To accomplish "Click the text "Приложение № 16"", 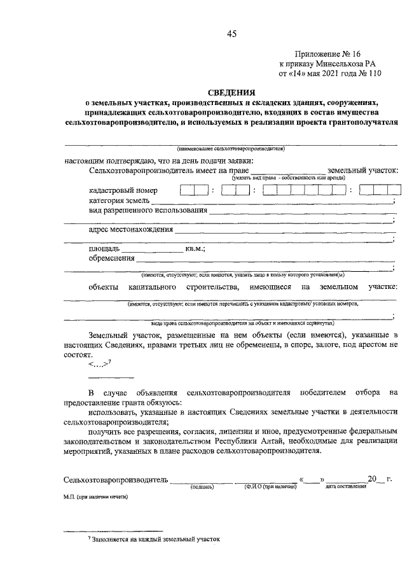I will coord(326,55).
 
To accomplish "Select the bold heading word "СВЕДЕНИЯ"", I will coord(231,93).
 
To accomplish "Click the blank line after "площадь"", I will coord(151,249).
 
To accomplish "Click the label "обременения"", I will coord(112,258).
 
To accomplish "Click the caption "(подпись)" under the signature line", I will coord(202,486).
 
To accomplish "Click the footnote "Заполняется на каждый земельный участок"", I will coord(156,538).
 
